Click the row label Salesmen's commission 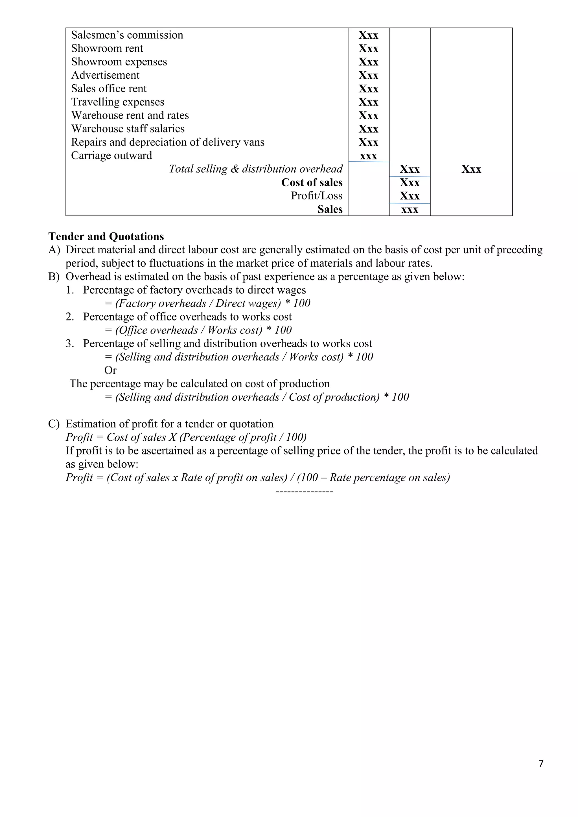pyautogui.click(x=127, y=35)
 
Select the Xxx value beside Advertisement pyautogui.click(x=368, y=75)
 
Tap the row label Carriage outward pyautogui.click(x=111, y=155)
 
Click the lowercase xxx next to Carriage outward pyautogui.click(x=368, y=156)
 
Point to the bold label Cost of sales pyautogui.click(x=312, y=183)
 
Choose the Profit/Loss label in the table pyautogui.click(x=316, y=196)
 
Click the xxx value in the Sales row pyautogui.click(x=410, y=210)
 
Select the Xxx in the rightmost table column pyautogui.click(x=471, y=169)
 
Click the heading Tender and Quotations pyautogui.click(x=106, y=237)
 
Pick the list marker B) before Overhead pyautogui.click(x=54, y=277)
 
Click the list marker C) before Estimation pyautogui.click(x=54, y=424)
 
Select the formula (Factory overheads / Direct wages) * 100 pyautogui.click(x=207, y=304)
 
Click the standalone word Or pyautogui.click(x=110, y=370)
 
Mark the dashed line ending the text pyautogui.click(x=304, y=492)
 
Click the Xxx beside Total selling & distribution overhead pyautogui.click(x=410, y=169)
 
